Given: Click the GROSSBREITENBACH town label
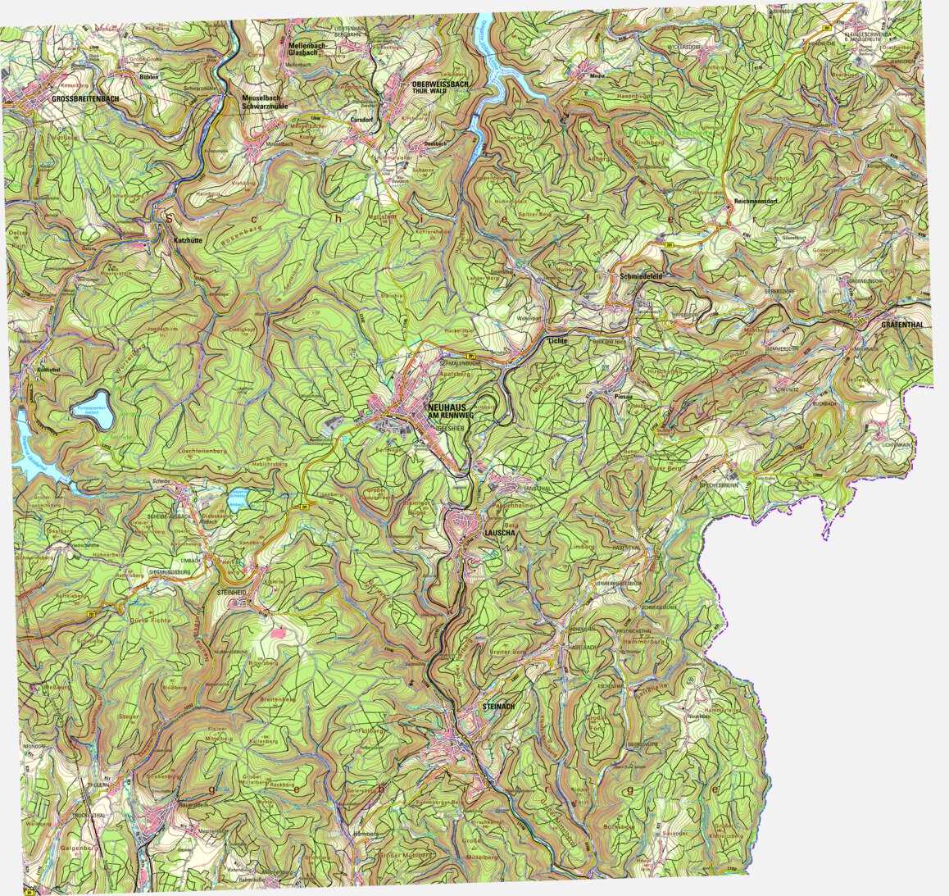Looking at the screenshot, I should click(x=84, y=99).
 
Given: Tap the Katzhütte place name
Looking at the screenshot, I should click(x=188, y=241).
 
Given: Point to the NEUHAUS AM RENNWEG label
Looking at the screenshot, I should click(x=451, y=412).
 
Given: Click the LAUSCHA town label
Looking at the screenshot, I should click(x=499, y=533).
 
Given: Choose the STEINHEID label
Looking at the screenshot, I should click(x=231, y=591).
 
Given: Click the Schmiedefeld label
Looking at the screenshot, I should click(x=641, y=277).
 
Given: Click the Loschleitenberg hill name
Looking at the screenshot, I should click(x=202, y=452).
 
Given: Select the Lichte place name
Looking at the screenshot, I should click(x=557, y=340).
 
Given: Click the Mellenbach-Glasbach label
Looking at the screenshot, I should click(x=307, y=50).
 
